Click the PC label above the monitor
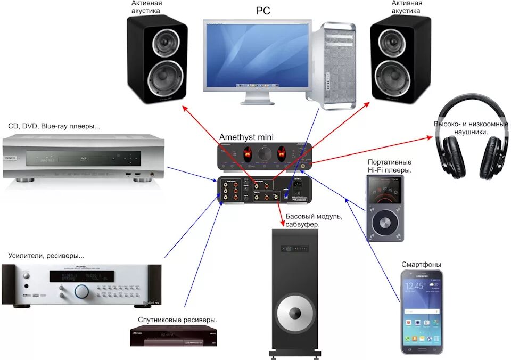click(263, 11)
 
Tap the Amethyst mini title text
click(246, 137)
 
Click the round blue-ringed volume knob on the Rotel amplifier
click(82, 291)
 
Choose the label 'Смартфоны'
click(421, 265)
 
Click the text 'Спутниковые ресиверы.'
click(178, 320)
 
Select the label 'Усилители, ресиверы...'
click(46, 256)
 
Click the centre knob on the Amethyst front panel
click(264, 154)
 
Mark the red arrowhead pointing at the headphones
click(430, 137)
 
